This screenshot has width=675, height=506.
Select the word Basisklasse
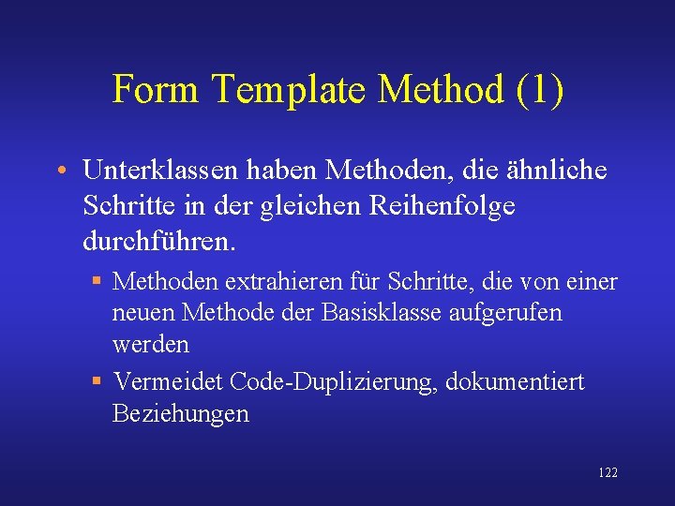363,313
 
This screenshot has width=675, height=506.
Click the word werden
151,345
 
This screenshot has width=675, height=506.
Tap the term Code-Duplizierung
333,382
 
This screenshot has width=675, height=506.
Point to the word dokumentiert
515,382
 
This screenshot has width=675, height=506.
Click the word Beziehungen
181,414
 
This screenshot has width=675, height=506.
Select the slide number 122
607,473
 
